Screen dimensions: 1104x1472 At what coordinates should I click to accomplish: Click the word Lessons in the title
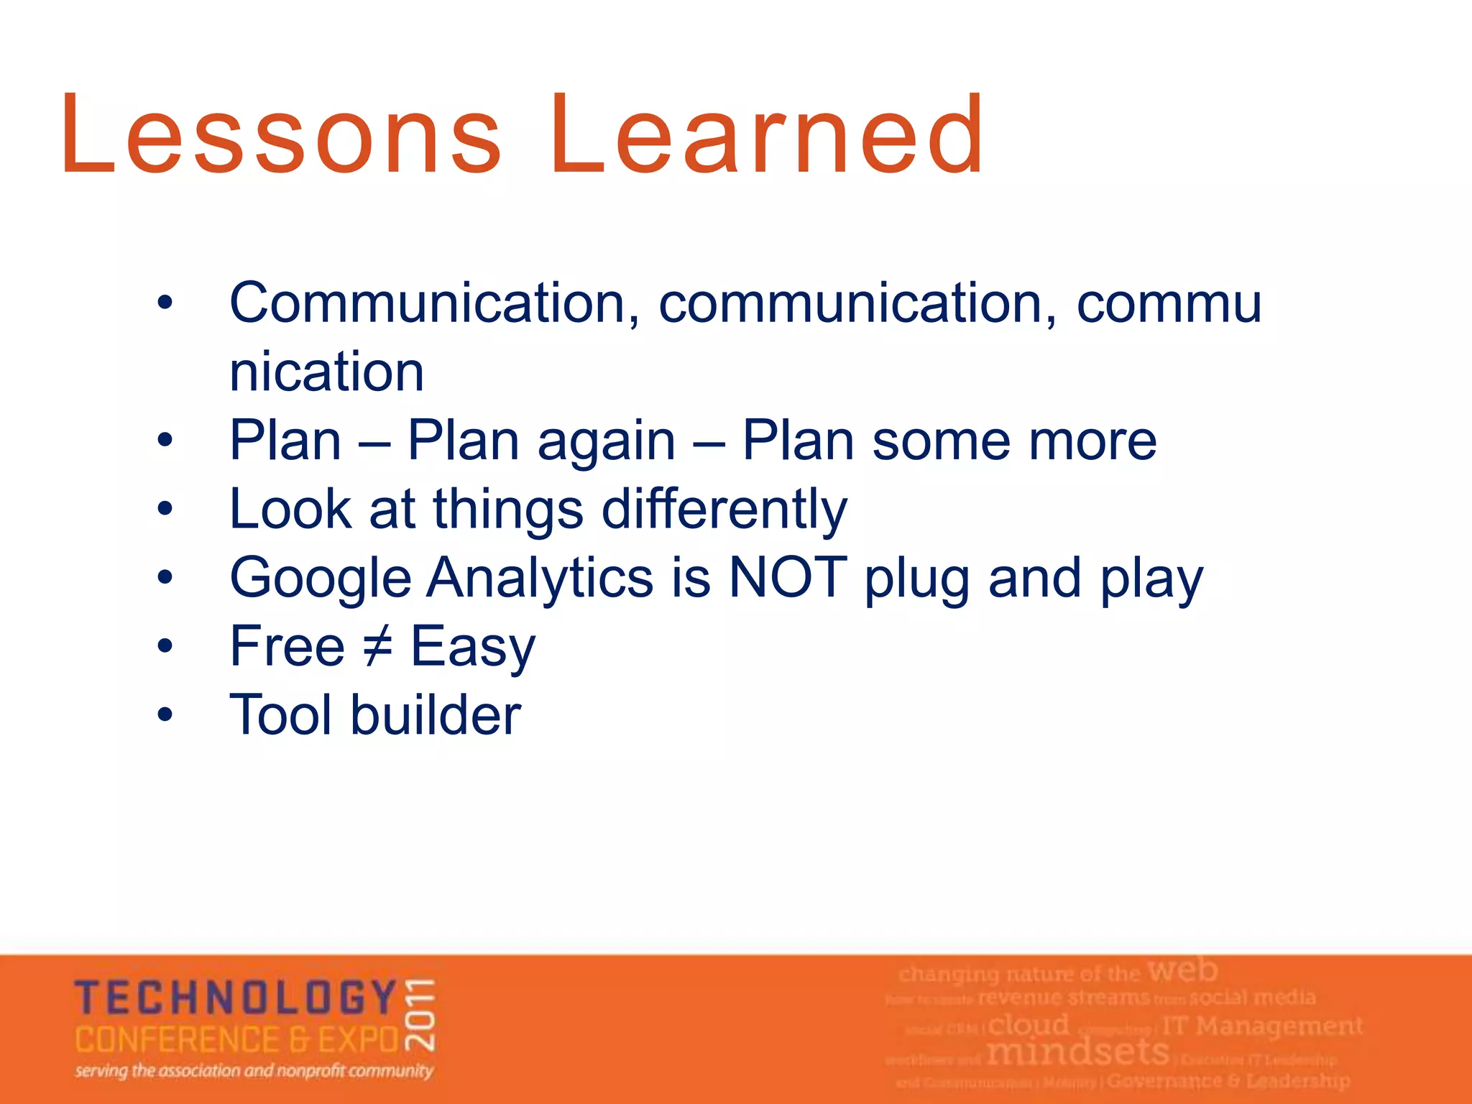[280, 135]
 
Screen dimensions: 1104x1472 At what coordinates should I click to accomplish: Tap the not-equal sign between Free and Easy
[377, 646]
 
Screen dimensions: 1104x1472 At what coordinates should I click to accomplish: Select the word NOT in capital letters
[788, 577]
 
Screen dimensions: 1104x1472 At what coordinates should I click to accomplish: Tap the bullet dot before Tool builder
[165, 714]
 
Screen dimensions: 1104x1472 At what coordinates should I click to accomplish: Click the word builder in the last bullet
[436, 715]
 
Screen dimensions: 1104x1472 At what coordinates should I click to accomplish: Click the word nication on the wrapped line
[327, 372]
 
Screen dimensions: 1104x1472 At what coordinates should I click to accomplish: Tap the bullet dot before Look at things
[165, 509]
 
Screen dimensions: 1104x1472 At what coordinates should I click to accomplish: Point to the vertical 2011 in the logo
[420, 1014]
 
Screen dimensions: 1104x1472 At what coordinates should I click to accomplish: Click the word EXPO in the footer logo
[359, 1040]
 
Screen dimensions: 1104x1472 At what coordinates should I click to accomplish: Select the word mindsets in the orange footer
[1078, 1052]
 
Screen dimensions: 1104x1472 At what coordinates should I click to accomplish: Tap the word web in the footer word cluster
[1182, 970]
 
